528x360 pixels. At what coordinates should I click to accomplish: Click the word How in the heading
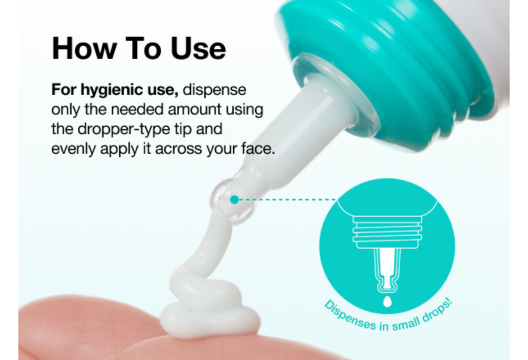pyautogui.click(x=84, y=48)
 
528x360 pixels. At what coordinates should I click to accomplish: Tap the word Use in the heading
pyautogui.click(x=199, y=48)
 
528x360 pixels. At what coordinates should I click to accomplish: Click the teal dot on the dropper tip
pyautogui.click(x=235, y=200)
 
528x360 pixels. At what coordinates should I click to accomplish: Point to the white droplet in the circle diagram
pyautogui.click(x=387, y=301)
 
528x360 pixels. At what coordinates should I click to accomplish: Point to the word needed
pyautogui.click(x=137, y=110)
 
